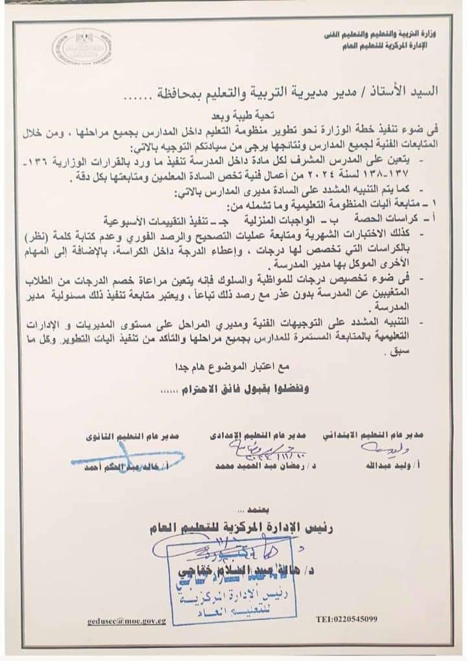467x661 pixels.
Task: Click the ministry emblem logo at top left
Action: [x=82, y=47]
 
